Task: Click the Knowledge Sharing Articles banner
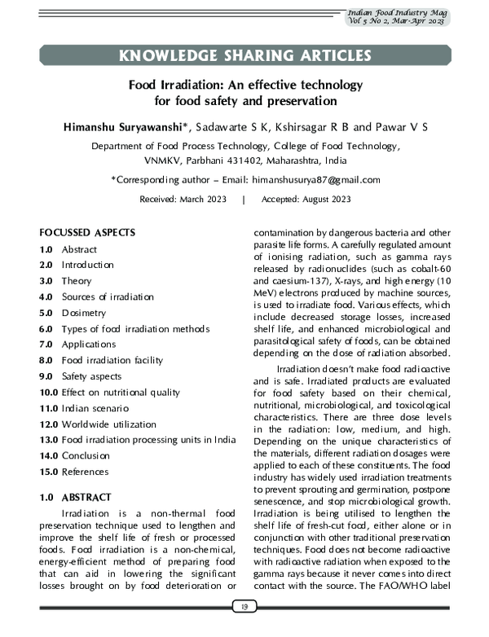[244, 55]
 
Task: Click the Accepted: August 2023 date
[306, 199]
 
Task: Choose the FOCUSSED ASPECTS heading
[87, 233]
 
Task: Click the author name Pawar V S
[406, 128]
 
